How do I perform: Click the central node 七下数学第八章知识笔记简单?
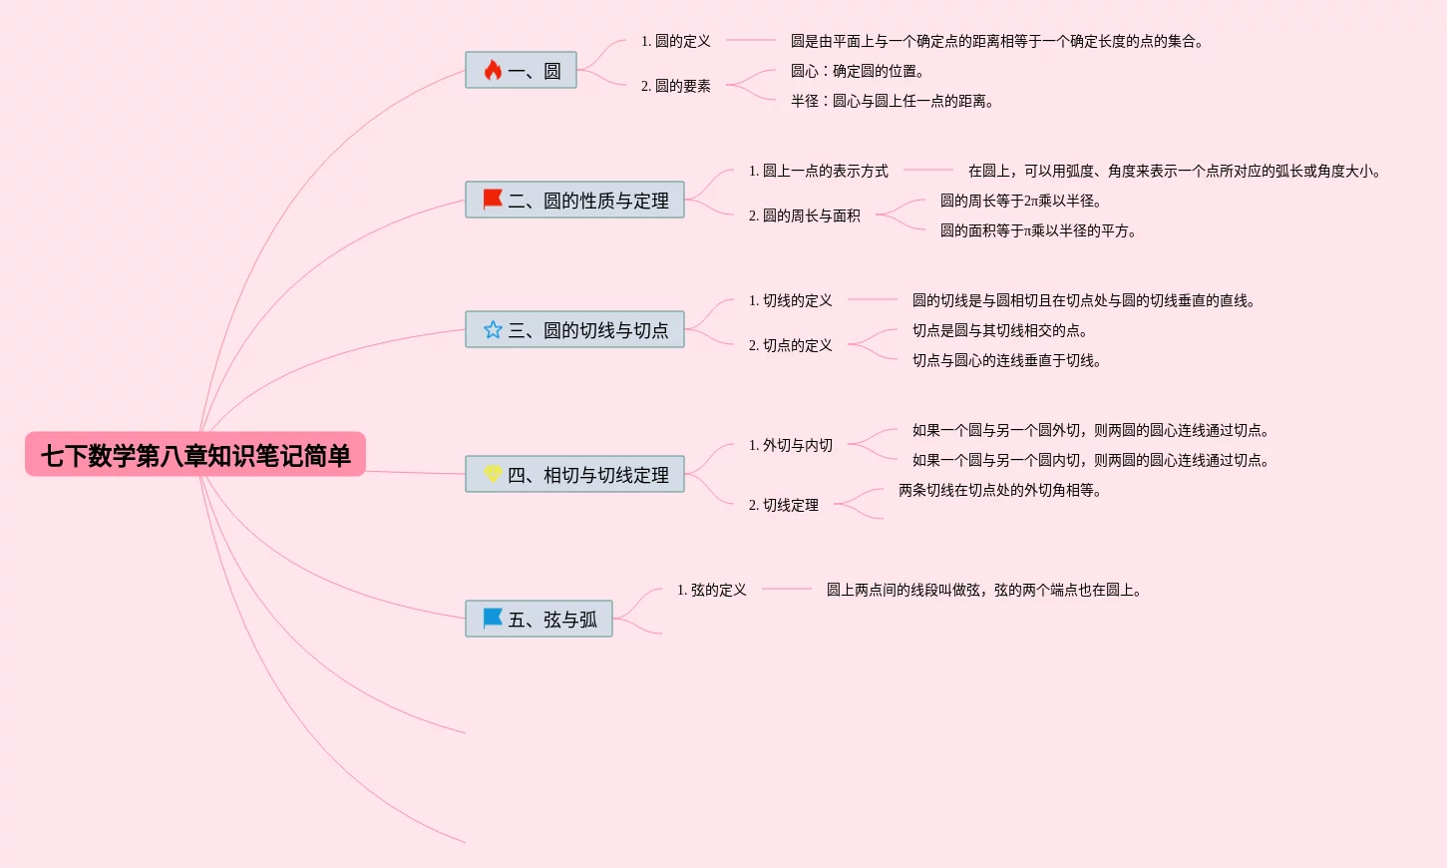pos(195,455)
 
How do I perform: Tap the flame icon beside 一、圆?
pos(493,70)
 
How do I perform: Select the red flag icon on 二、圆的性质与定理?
pos(493,199)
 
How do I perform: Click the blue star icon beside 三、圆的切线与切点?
pos(493,329)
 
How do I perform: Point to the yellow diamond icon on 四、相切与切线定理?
pos(493,473)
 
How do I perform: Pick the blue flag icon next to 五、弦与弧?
pos(493,618)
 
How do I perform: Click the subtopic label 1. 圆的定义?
pos(676,41)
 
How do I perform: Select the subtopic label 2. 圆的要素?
pos(676,86)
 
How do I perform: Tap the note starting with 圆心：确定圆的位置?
pos(858,71)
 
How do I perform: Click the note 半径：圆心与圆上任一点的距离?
pos(893,101)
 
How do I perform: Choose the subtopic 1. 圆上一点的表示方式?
pos(819,171)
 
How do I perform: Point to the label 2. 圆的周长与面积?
pos(805,216)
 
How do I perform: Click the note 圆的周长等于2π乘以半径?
pos(1021,201)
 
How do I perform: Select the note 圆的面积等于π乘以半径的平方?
pos(1038,230)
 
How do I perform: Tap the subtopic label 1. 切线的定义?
pos(791,300)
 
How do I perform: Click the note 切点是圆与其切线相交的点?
pos(1000,330)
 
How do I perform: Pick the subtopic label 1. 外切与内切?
pos(791,445)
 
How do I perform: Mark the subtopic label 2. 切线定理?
pos(784,505)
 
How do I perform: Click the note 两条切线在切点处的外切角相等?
pos(1000,490)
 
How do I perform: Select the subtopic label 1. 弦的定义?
pos(712,590)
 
